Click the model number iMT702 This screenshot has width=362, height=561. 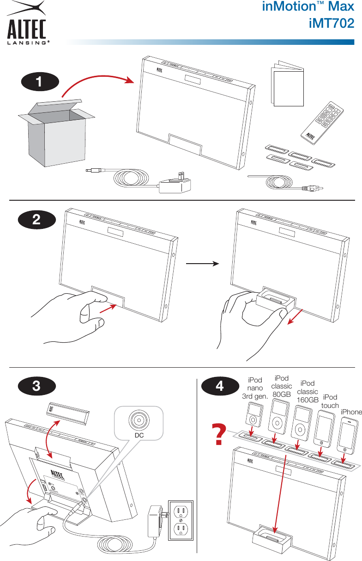tap(332, 23)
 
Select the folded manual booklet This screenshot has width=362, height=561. tap(287, 85)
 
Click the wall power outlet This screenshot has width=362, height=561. tap(181, 520)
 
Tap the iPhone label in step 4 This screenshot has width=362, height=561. tap(351, 412)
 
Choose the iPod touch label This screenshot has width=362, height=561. tap(330, 401)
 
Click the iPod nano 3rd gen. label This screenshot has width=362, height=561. tap(255, 388)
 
